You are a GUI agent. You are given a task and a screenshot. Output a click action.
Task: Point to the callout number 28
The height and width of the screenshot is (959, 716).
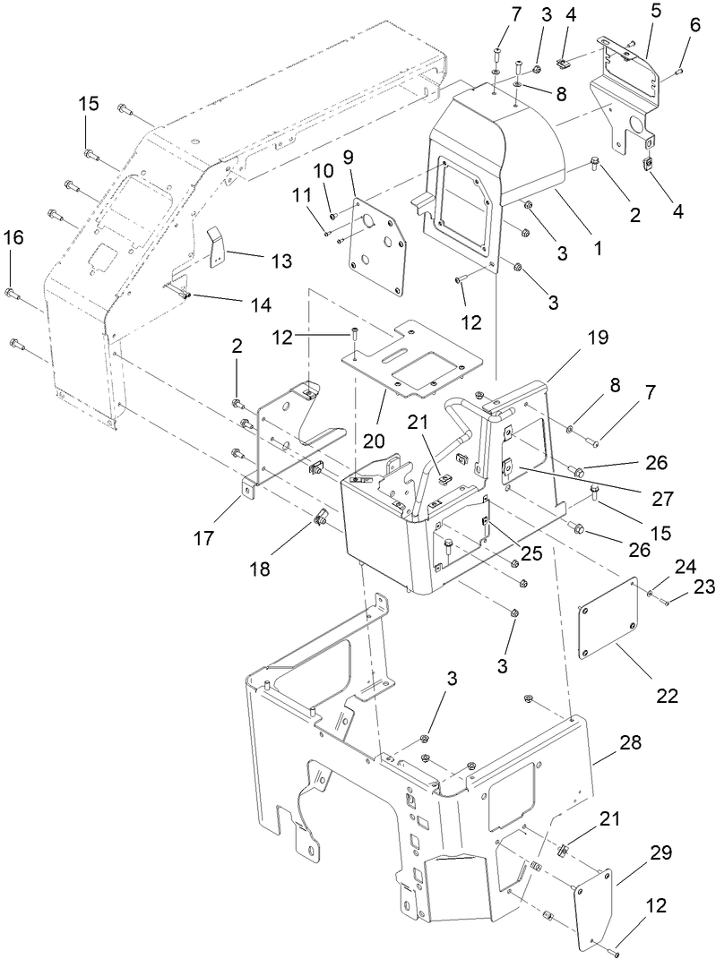pos(629,742)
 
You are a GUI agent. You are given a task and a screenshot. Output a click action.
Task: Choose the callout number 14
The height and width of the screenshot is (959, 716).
pos(260,304)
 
